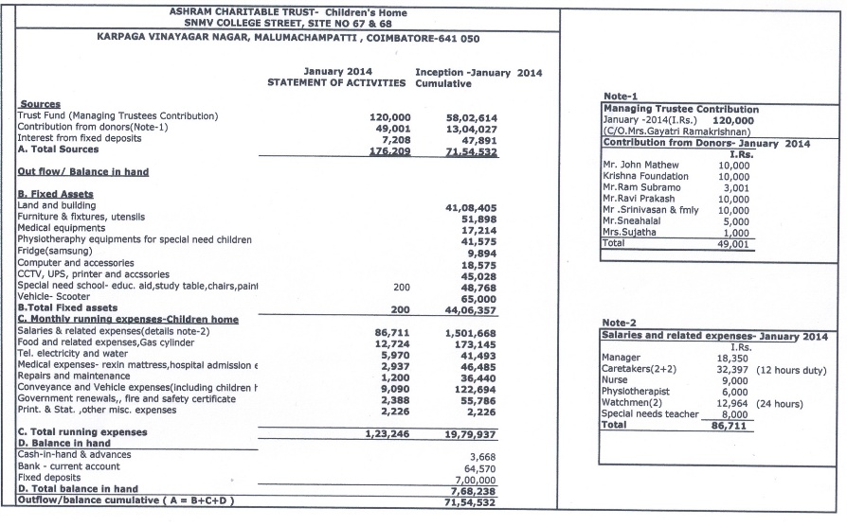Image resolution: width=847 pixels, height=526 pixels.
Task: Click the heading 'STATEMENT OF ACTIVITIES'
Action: coord(337,83)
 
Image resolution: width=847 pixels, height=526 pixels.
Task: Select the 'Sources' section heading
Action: coord(39,104)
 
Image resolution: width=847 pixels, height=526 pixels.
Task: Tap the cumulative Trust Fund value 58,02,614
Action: coord(472,116)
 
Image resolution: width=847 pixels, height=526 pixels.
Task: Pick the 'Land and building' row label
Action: coord(57,205)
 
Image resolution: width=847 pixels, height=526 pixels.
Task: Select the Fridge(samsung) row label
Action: coord(54,251)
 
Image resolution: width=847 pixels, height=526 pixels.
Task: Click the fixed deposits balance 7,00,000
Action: coord(471,480)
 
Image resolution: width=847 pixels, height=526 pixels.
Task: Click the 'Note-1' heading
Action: coord(622,97)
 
